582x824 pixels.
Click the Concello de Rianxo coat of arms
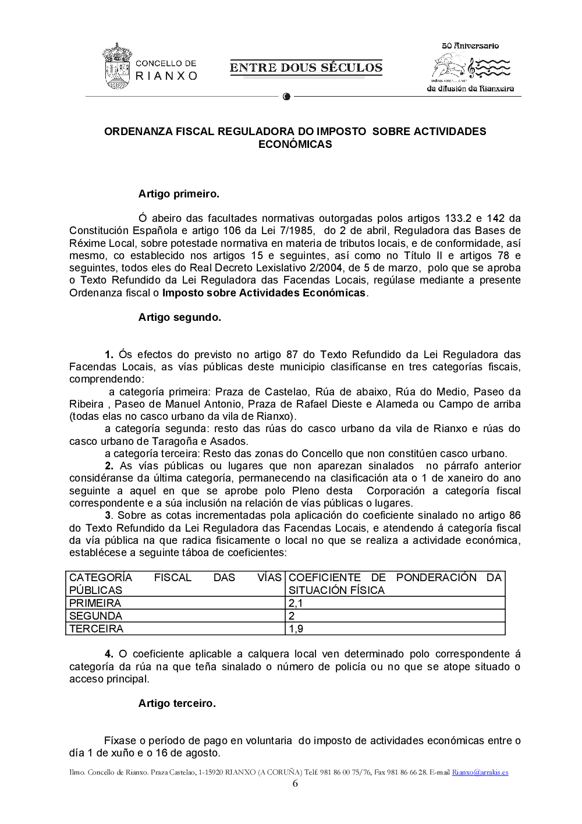tap(116, 66)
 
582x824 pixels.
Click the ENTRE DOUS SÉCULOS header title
tap(306, 68)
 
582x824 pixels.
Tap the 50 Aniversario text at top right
tap(470, 46)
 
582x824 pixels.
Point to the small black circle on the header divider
tap(286, 97)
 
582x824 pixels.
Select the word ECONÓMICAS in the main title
tap(295, 144)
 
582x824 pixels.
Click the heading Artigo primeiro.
tap(179, 194)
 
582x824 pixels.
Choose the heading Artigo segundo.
tap(179, 317)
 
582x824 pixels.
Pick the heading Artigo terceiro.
tap(177, 703)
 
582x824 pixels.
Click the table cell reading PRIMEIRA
tap(95, 603)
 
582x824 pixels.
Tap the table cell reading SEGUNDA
tap(95, 616)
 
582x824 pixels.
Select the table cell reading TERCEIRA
tap(96, 629)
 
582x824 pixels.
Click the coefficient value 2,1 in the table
tap(296, 603)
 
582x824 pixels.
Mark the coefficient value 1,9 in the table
tap(296, 629)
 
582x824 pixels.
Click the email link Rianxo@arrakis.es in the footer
tap(480, 773)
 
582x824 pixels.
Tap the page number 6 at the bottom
tap(295, 784)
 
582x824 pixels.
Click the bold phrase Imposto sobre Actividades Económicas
tap(264, 293)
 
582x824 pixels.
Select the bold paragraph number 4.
tap(109, 654)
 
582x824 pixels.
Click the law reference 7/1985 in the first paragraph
tap(297, 231)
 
